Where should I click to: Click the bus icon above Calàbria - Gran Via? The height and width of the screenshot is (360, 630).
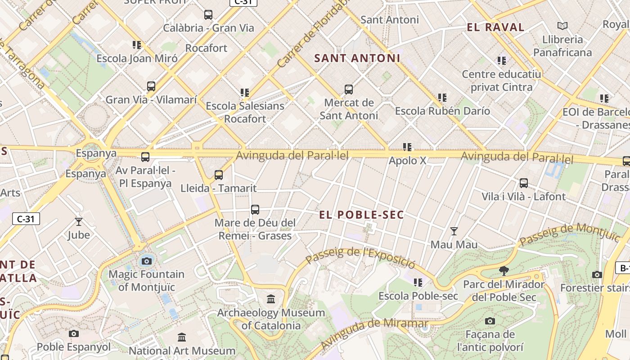click(208, 14)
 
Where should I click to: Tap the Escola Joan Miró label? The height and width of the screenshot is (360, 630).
click(137, 58)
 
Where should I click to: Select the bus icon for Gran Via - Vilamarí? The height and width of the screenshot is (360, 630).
click(151, 86)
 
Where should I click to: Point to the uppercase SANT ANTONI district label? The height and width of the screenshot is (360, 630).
click(357, 58)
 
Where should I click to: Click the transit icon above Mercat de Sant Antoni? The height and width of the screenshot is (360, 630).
click(348, 89)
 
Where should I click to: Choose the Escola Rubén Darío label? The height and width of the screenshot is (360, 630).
click(442, 111)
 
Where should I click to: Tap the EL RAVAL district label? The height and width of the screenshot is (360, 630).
click(495, 27)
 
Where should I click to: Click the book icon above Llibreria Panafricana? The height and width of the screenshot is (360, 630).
click(562, 26)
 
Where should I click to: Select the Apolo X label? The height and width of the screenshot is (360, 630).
click(407, 161)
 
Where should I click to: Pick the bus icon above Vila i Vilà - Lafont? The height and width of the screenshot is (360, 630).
click(523, 183)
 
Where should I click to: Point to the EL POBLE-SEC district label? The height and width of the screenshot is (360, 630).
click(361, 215)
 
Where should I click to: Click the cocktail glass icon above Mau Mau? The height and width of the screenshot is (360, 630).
click(454, 231)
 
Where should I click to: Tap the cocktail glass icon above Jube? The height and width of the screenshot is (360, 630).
click(79, 221)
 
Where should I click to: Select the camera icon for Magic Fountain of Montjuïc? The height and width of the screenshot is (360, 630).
click(146, 261)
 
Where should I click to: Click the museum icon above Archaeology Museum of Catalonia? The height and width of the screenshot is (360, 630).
click(271, 299)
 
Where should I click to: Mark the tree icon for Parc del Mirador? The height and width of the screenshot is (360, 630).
click(504, 270)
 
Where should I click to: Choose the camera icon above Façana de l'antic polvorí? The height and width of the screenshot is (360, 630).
click(490, 321)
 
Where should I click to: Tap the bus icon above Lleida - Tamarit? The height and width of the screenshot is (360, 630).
click(218, 175)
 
